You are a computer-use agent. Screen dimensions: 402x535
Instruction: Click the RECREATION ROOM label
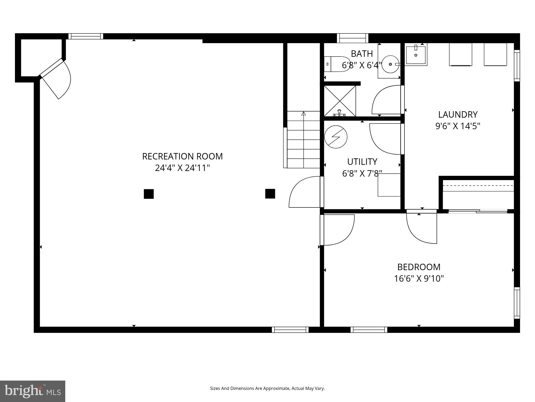coord(182,156)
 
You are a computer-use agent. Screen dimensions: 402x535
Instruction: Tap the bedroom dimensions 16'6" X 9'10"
coord(419,279)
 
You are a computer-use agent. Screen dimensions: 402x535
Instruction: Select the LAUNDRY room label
coord(458,115)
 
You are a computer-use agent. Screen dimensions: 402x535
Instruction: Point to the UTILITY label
coord(362,162)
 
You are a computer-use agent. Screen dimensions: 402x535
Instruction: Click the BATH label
coord(362,54)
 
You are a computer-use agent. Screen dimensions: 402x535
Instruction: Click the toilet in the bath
coord(337,64)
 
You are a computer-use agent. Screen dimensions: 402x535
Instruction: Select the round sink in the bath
coord(390,64)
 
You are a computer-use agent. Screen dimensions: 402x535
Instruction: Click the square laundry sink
coord(416,55)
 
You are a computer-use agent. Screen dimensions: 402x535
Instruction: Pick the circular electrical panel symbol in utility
coord(336,137)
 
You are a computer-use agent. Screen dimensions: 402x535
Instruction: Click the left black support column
coord(149,194)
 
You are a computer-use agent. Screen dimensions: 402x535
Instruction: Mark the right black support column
coord(270,193)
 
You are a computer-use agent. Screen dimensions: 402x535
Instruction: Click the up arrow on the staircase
coord(303,114)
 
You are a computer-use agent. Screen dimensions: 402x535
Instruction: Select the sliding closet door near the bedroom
coord(478,211)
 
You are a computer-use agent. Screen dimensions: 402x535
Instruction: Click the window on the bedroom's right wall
coord(517,303)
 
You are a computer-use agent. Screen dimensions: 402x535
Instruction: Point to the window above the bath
coord(352,38)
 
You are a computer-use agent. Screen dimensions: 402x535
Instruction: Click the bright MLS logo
coord(33,391)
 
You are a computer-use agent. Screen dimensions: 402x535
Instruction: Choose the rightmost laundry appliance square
coord(495,54)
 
